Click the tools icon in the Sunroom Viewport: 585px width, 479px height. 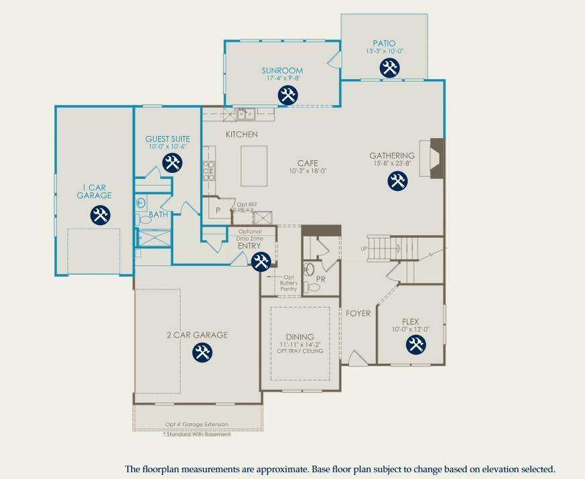pos(287,94)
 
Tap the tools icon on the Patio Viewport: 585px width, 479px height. pos(389,68)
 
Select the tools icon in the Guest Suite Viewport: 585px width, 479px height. pos(172,162)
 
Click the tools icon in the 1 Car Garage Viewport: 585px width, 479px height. pos(100,215)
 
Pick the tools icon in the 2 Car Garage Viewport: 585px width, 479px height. pos(202,352)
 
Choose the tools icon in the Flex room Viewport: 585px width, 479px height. pos(415,344)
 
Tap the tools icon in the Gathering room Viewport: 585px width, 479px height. pos(397,181)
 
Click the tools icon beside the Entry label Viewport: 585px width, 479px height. pos(261,261)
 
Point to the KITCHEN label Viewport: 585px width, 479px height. pos(242,134)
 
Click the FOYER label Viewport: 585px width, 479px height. pos(358,314)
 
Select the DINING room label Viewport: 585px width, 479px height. pos(300,337)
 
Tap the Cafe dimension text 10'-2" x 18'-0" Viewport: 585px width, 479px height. pos(308,171)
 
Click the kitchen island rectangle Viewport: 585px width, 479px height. pos(254,166)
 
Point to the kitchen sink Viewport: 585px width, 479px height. pos(245,114)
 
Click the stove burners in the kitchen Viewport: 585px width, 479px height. pos(209,170)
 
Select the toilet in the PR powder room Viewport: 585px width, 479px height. pos(312,287)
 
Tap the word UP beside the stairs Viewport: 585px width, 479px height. pos(364,249)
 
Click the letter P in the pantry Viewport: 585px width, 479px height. pos(218,211)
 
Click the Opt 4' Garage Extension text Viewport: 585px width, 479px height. pos(197,424)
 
